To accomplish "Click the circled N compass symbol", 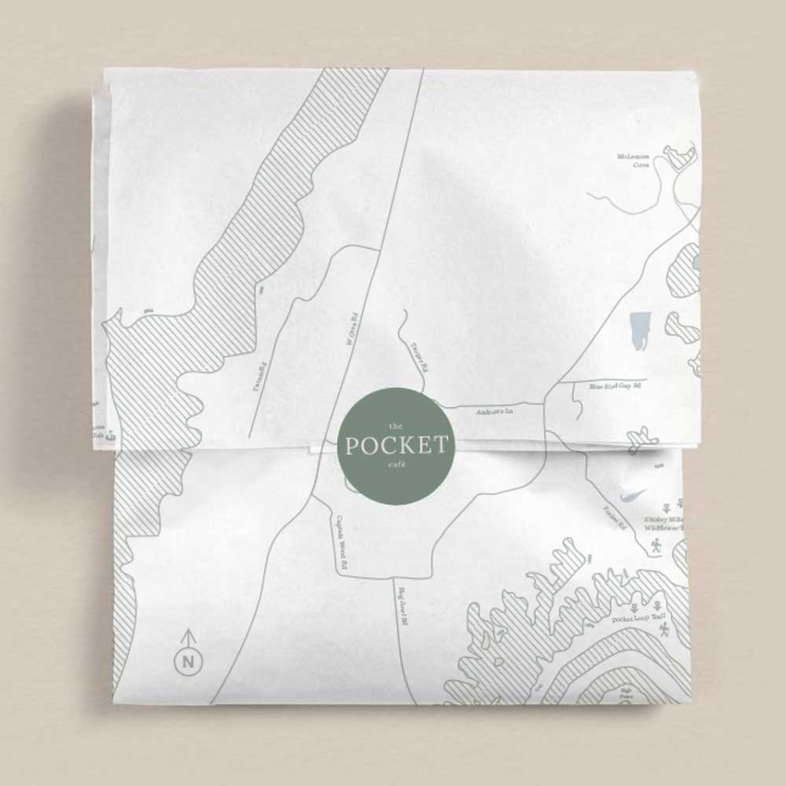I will tap(189, 661).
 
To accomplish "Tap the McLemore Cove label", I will tap(634, 162).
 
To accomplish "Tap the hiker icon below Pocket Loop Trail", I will tap(665, 630).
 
